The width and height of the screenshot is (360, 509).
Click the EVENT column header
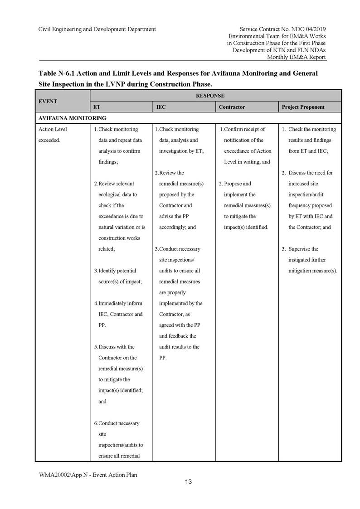click(x=48, y=101)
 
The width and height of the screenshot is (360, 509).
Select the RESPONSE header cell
click(x=216, y=96)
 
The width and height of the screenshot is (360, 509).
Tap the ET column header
click(x=97, y=107)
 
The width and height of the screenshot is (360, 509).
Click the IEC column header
click(x=161, y=107)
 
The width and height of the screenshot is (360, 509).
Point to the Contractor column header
click(x=231, y=107)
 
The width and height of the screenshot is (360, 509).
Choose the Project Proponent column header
click(x=303, y=107)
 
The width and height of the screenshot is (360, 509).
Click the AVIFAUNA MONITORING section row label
click(x=72, y=118)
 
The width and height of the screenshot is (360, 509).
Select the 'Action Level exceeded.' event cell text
click(x=53, y=135)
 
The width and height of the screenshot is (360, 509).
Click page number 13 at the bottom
click(x=188, y=481)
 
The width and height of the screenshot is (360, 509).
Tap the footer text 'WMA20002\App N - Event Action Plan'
click(x=88, y=475)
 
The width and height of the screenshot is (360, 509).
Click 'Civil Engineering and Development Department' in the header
click(x=97, y=29)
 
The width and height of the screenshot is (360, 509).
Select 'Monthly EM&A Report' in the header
click(x=296, y=57)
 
